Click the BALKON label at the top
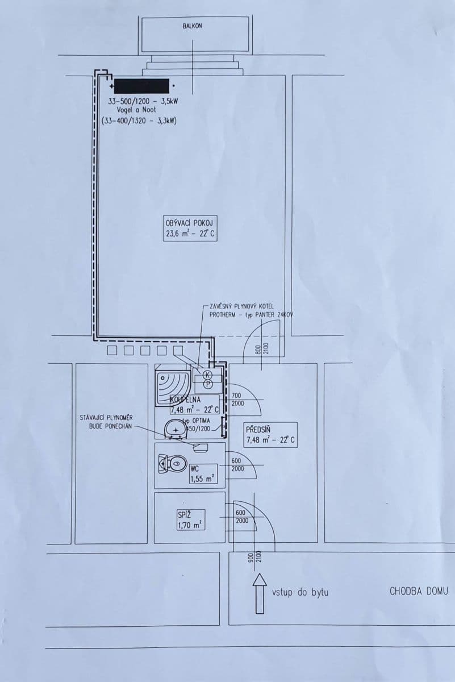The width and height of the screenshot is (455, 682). coord(192,26)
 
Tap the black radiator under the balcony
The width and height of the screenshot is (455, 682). coord(141,86)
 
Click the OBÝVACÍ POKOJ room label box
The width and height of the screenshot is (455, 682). coord(190,228)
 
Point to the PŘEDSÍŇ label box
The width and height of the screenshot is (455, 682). coord(270,435)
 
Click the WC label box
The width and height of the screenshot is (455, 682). coord(202,474)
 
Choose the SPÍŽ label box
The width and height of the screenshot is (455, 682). coord(191,520)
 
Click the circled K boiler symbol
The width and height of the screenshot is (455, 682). coord(207,375)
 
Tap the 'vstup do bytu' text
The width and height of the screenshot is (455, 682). coord(300,592)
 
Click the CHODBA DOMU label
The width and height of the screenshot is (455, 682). coord(418,591)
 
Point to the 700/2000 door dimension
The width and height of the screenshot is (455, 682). coord(237,399)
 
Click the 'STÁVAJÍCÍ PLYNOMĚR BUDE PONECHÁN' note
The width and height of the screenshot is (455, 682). coord(107,422)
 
